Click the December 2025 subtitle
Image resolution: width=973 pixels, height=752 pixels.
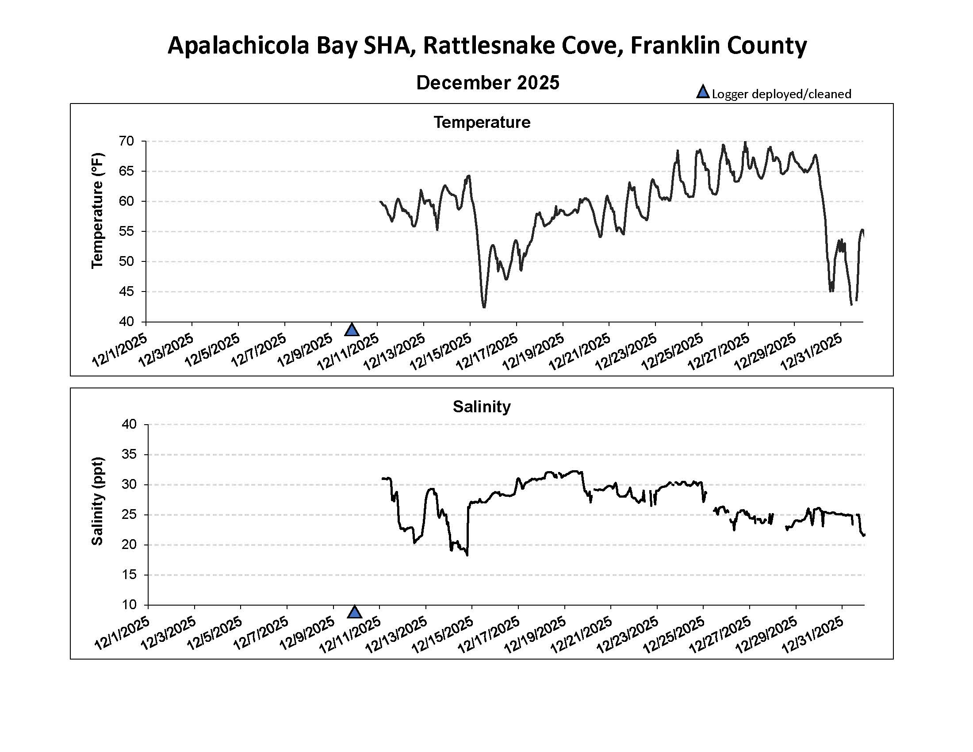coord(487,83)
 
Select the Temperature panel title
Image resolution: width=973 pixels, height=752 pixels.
coord(482,122)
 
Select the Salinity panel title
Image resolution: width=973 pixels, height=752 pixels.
coord(482,406)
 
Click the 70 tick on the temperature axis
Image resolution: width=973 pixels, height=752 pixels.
coord(126,141)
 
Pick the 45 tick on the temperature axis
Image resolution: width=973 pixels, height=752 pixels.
coord(126,292)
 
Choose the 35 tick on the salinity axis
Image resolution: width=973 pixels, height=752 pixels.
coord(129,454)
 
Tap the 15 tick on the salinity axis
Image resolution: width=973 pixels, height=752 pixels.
coord(129,575)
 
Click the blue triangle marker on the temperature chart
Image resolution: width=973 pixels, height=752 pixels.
coord(352,330)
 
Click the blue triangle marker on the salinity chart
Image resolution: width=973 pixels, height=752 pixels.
coord(354,613)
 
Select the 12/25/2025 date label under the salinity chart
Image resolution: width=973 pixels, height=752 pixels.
coord(674,636)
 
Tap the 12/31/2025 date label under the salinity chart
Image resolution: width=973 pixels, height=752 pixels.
coord(812,636)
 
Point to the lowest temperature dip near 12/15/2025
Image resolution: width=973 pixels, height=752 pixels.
coord(484,307)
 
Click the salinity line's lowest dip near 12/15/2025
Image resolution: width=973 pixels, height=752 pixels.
coord(467,555)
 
